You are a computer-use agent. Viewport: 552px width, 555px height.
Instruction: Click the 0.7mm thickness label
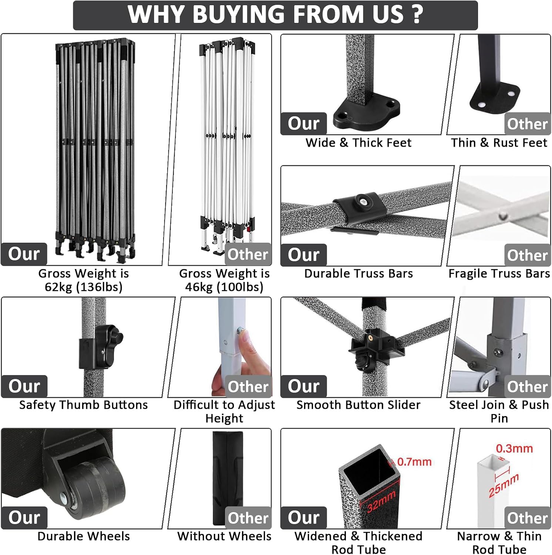pos(414,462)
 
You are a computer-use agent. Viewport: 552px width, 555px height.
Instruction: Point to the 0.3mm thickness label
pos(514,448)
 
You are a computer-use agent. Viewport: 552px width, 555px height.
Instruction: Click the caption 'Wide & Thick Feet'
pos(359,143)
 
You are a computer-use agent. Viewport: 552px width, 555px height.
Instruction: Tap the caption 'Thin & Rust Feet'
pos(499,143)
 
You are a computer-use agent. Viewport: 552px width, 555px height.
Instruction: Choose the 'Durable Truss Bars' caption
pos(359,273)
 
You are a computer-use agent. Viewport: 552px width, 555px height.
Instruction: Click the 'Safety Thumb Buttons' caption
pos(84,405)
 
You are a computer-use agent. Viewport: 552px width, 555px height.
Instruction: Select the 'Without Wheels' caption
pos(224,536)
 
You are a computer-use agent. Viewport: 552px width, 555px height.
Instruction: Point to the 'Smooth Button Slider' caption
pos(359,405)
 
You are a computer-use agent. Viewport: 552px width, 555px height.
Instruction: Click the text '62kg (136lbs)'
pos(84,287)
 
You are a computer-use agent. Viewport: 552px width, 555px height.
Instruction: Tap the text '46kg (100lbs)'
pos(224,287)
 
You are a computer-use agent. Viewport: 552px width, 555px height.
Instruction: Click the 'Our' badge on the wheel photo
pos(24,517)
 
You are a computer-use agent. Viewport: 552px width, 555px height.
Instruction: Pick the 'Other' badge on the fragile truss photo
pos(528,255)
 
